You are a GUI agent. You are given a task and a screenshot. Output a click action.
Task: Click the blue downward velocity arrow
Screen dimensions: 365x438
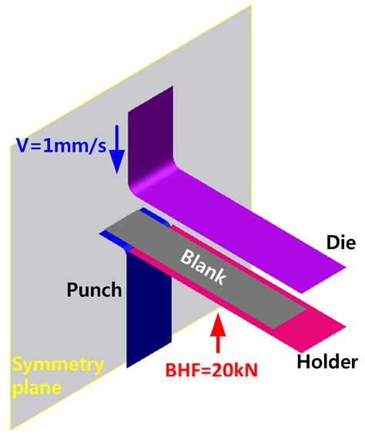[117, 149]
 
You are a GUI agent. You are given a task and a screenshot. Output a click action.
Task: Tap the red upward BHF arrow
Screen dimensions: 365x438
[218, 333]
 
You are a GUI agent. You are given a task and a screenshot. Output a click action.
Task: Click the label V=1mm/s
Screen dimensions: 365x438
[61, 145]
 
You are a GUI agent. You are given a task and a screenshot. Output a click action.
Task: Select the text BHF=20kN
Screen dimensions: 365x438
[211, 370]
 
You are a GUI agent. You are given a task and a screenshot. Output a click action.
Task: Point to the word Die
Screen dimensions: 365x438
[341, 242]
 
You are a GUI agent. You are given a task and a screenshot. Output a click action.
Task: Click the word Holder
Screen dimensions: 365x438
[327, 361]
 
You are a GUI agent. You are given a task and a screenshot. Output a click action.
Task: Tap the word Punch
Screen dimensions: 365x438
[94, 290]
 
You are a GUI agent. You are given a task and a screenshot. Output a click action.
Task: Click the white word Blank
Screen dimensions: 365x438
[203, 267]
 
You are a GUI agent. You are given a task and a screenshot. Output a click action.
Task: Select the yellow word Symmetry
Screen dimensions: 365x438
[59, 367]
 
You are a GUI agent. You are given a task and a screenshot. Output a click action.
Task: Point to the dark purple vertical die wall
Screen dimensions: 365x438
[149, 134]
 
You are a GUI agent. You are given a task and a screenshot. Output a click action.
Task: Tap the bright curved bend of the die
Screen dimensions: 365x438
[152, 179]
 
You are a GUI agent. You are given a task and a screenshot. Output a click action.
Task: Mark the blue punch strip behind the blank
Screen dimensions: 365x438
[155, 217]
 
